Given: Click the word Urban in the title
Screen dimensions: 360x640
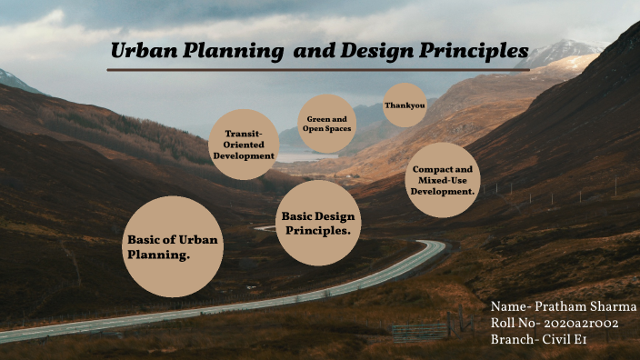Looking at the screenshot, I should [x=140, y=51].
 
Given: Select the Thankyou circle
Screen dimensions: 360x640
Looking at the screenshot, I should [x=405, y=105].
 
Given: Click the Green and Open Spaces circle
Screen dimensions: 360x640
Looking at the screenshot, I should [x=326, y=124].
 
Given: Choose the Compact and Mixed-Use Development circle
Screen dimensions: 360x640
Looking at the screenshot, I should [x=443, y=179].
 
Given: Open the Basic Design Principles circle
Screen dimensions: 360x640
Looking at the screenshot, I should [x=317, y=223].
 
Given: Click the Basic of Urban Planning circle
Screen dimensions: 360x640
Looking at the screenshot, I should [x=172, y=246].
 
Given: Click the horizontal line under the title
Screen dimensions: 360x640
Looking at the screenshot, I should [x=318, y=70].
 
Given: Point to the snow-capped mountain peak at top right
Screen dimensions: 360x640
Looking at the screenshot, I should [x=564, y=50].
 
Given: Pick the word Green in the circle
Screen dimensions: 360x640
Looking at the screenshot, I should [x=317, y=118].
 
